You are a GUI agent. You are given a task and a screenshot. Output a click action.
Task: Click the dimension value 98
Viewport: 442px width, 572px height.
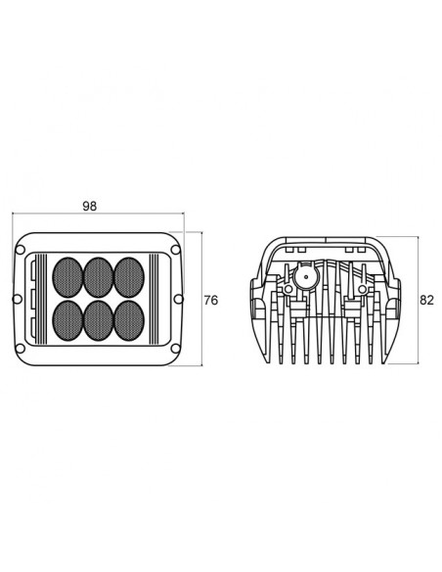[90, 206]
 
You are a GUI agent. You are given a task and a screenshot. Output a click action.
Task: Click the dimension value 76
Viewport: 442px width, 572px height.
[211, 301]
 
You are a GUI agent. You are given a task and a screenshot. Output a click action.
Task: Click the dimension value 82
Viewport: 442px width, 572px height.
[426, 300]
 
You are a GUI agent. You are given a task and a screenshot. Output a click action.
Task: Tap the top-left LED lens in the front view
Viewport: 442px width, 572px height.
[67, 277]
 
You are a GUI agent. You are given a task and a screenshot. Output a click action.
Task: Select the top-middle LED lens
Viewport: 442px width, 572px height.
[99, 277]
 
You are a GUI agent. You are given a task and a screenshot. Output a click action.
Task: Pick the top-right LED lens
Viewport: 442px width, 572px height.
[129, 277]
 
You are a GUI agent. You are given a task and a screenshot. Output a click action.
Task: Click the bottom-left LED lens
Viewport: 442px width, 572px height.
[67, 320]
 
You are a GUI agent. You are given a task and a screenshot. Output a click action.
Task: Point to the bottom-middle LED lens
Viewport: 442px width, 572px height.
[99, 320]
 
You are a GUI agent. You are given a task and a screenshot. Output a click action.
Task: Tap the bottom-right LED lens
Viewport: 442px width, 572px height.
[129, 320]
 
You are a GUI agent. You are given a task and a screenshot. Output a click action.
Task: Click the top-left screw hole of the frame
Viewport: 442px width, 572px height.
[21, 250]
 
